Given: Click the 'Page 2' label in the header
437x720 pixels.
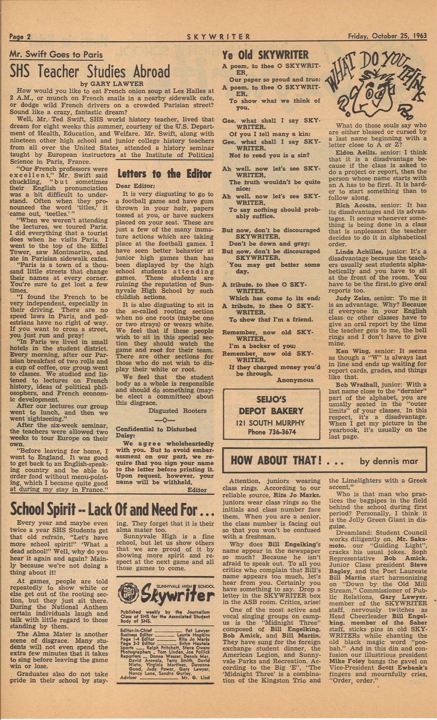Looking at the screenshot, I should coord(21,37).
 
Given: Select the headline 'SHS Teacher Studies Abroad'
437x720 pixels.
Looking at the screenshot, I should coord(90,71).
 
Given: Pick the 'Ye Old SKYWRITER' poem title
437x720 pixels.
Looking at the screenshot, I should coord(265,55).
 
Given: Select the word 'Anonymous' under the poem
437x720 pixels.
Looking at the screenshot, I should coord(295,380).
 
